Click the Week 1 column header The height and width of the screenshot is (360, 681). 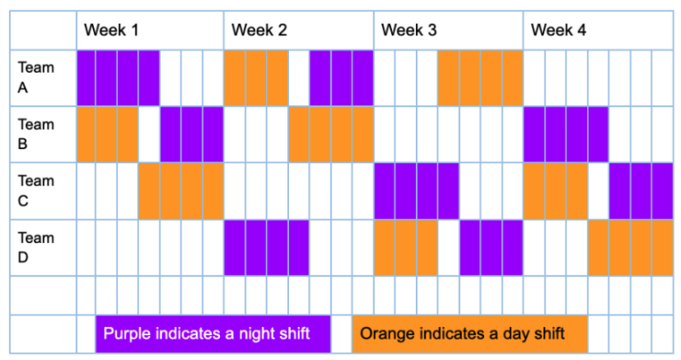112,30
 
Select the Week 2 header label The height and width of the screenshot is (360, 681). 260,30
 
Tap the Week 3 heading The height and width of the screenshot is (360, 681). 409,30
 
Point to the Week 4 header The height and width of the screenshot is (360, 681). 559,30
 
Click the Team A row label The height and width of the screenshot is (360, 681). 36,77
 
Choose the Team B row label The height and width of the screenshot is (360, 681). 36,134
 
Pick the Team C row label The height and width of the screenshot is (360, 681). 36,191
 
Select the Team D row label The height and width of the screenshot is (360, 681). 36,247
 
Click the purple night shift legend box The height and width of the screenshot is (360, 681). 213,334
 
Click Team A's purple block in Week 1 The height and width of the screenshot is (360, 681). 118,78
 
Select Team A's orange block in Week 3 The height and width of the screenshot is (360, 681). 481,78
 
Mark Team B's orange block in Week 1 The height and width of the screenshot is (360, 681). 107,134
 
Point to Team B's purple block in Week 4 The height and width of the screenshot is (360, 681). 566,134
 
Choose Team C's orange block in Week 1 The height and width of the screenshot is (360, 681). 181,191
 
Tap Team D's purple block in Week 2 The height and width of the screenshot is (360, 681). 266,247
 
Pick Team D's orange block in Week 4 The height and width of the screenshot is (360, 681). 630,247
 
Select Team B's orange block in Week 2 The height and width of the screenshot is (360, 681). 331,134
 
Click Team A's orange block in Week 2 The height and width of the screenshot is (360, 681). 255,78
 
